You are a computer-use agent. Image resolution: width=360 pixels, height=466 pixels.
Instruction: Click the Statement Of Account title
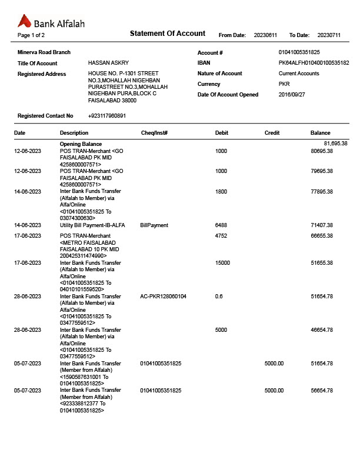167,34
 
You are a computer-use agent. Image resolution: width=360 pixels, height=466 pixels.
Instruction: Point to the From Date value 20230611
265,35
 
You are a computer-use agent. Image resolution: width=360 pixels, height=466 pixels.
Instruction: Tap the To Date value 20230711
329,35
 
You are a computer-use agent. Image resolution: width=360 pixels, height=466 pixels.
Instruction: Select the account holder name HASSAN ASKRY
108,63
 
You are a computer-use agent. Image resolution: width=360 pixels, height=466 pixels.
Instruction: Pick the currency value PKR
284,84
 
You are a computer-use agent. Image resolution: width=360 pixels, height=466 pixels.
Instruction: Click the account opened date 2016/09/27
292,95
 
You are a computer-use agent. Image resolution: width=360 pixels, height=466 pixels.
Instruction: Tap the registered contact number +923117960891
107,116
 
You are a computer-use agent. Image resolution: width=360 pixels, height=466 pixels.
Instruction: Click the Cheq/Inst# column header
155,133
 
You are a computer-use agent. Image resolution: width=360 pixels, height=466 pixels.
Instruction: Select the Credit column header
272,133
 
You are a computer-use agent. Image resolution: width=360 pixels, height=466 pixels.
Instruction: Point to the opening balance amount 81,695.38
335,144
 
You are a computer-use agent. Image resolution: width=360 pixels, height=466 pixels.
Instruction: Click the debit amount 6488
221,225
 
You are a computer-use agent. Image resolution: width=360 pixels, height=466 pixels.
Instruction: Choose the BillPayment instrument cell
154,225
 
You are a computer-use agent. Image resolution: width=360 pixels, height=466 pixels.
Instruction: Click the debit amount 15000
223,263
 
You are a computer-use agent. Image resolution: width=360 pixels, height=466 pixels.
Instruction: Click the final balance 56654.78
322,391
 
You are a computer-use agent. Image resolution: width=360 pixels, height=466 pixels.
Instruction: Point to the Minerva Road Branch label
44,52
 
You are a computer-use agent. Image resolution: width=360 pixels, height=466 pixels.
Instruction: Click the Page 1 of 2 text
31,35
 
